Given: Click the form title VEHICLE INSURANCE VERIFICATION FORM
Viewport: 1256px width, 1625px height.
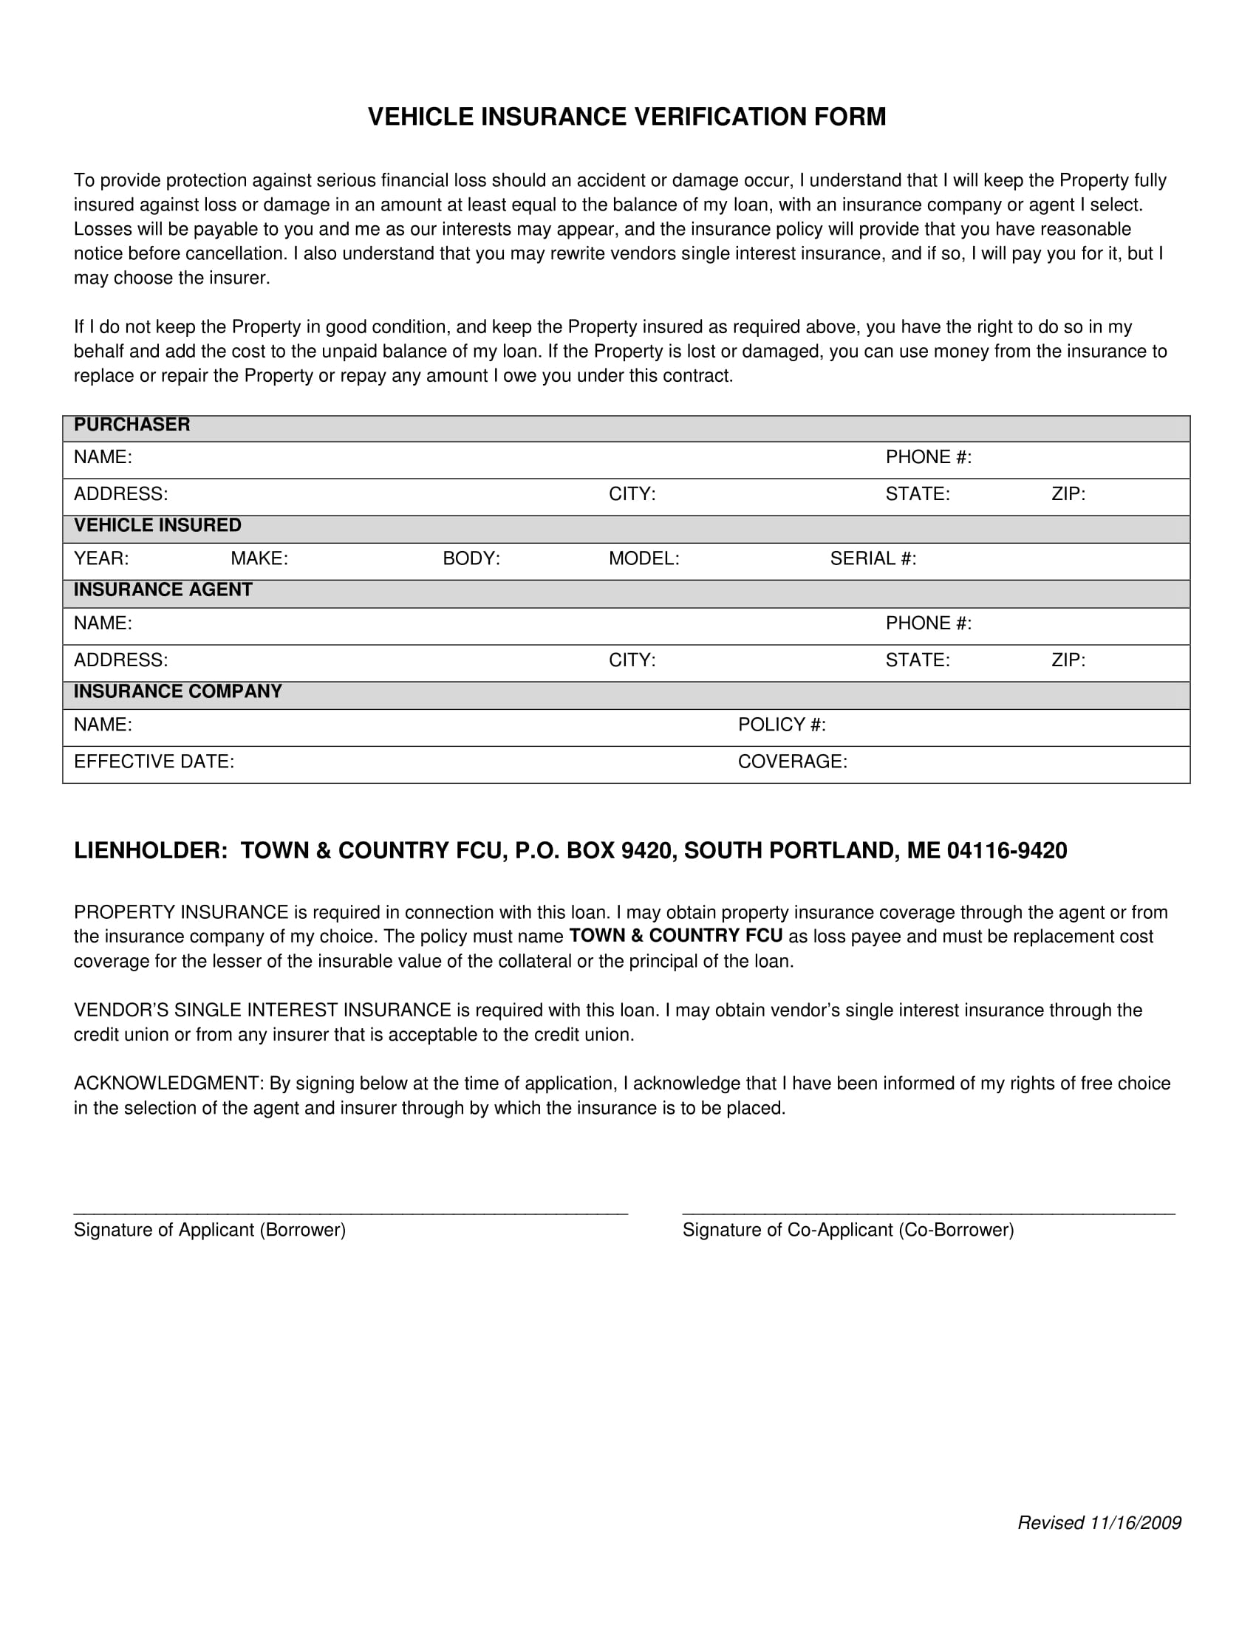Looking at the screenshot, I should click(x=627, y=117).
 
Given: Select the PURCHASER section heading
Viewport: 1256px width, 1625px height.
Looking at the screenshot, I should click(x=132, y=425).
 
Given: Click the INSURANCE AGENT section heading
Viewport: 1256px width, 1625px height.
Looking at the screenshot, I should click(x=163, y=590).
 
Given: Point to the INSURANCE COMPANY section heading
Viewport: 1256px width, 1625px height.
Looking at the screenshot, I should click(x=178, y=692).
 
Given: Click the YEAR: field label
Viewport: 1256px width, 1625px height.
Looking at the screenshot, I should click(x=101, y=559).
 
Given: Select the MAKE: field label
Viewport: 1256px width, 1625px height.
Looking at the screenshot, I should click(x=259, y=559).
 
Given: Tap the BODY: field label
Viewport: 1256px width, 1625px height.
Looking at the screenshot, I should click(x=471, y=559).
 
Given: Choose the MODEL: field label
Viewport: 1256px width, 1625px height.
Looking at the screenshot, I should click(x=644, y=559).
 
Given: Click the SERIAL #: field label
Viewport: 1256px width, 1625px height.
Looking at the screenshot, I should click(x=873, y=559).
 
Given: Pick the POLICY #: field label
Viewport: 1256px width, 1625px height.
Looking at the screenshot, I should click(x=781, y=725).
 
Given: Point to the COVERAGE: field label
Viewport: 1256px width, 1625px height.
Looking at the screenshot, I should click(x=793, y=762).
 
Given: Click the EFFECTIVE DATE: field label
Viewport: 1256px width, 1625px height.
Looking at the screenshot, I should click(x=154, y=762).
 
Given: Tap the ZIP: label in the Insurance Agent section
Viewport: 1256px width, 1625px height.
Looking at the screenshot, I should click(x=1068, y=661).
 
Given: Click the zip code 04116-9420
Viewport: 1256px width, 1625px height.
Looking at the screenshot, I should click(x=1007, y=851).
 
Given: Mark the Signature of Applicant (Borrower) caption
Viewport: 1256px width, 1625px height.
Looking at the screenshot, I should click(x=210, y=1230).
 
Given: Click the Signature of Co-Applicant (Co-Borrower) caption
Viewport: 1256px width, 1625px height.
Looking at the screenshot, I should click(x=848, y=1230).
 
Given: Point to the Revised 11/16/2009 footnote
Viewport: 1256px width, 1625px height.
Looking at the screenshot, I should click(x=1099, y=1523).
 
